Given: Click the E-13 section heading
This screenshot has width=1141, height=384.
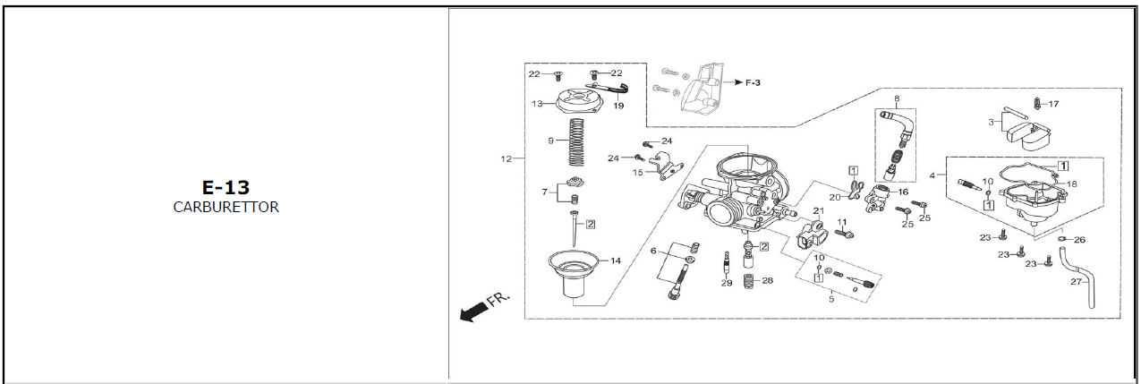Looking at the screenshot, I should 226,188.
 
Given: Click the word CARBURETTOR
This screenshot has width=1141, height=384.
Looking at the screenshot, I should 226,207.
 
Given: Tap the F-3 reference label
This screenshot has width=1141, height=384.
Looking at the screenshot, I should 755,82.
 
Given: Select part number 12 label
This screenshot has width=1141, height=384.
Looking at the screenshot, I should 507,158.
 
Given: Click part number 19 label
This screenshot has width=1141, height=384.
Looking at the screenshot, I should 618,106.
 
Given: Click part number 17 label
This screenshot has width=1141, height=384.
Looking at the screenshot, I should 1053,104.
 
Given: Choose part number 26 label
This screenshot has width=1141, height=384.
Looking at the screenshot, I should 1078,240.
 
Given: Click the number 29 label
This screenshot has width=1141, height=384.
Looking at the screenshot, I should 727,283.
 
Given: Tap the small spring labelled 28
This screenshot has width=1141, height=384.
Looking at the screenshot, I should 750,280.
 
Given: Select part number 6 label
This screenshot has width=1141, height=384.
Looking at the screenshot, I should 654,251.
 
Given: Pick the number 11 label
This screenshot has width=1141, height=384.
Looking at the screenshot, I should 841,221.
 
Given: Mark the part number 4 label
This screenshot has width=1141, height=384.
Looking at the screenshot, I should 934,176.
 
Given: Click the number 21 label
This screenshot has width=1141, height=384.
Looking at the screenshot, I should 817,211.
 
